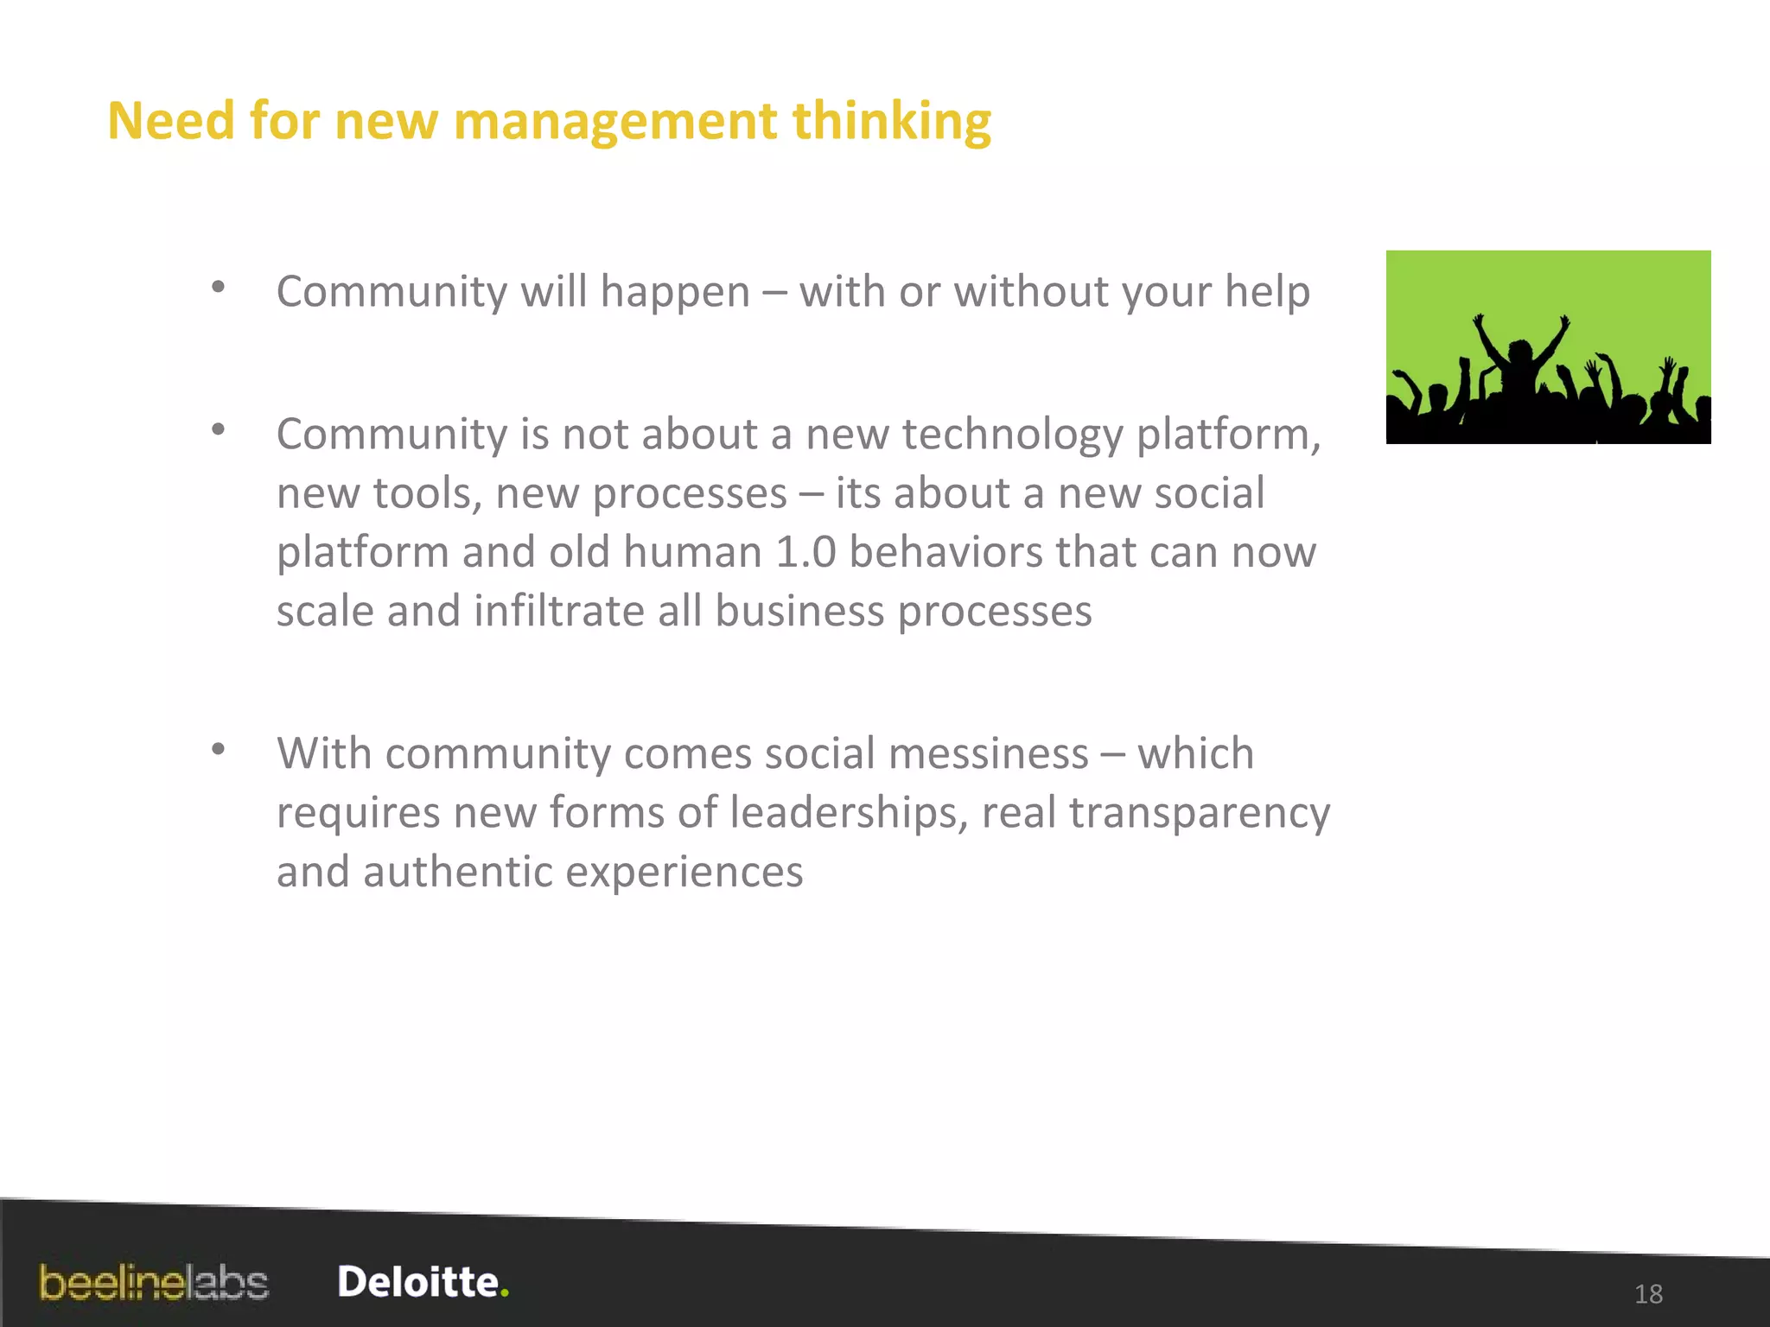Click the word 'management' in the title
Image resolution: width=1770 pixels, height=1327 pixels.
click(614, 121)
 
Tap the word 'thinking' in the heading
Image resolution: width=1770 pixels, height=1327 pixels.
click(891, 121)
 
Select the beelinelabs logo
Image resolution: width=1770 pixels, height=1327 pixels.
click(154, 1283)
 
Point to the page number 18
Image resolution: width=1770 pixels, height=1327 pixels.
click(1648, 1293)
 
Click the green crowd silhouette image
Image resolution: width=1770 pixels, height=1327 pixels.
click(1548, 347)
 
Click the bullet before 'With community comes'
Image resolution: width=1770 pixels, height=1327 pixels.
click(219, 748)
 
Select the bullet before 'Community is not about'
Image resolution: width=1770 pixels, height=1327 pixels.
click(219, 429)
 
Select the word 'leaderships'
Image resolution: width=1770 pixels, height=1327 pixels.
click(848, 813)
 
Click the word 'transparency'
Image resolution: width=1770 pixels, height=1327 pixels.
click(1199, 813)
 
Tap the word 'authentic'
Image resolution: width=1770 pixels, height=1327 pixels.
click(457, 872)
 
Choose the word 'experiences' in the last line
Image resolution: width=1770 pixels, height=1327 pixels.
click(684, 872)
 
